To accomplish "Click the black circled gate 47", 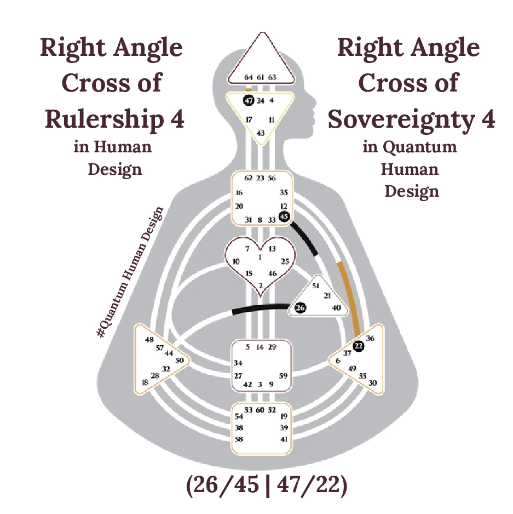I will click(x=248, y=101).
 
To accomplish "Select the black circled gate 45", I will click(x=284, y=216).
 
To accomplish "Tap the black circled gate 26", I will click(x=300, y=308).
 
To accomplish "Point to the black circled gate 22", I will click(x=359, y=345).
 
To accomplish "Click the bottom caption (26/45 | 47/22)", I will click(x=267, y=486).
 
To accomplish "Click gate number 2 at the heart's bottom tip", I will click(x=261, y=285).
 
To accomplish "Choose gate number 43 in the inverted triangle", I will click(x=261, y=133).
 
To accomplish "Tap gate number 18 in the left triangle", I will click(x=145, y=382).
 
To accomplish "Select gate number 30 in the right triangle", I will click(x=373, y=383).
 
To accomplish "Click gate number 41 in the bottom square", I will click(x=284, y=439).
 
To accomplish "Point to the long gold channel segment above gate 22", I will click(x=348, y=298).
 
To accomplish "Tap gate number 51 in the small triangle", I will click(x=315, y=285).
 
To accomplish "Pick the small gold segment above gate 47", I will click(x=249, y=89).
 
